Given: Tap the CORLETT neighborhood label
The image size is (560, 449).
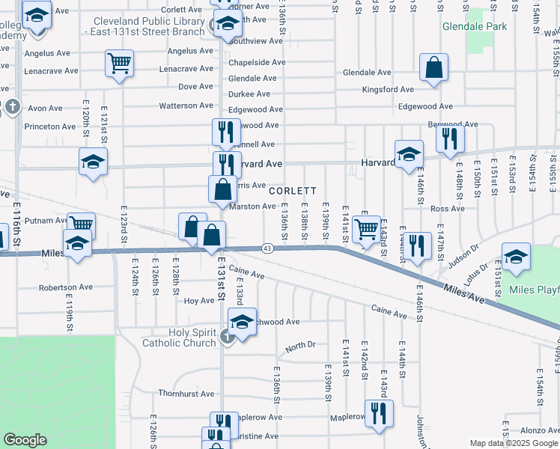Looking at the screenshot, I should (x=293, y=191).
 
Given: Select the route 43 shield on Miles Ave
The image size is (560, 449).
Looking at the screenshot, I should (x=267, y=248).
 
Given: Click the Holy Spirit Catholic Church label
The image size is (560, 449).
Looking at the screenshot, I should (x=182, y=337).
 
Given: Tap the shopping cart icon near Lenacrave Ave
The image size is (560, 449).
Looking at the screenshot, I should (x=120, y=64).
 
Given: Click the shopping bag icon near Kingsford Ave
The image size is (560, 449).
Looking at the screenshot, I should (x=433, y=68).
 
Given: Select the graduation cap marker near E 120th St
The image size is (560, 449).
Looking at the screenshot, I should (x=93, y=162).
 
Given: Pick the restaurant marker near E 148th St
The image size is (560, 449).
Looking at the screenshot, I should (x=450, y=138).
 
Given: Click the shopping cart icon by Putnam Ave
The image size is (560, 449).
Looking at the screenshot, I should (x=81, y=224).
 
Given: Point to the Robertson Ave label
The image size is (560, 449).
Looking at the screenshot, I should (x=66, y=287).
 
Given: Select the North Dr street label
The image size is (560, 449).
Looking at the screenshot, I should (x=300, y=346).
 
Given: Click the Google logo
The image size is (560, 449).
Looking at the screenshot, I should (x=25, y=440).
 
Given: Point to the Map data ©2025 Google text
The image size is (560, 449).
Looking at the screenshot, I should (x=513, y=443).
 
